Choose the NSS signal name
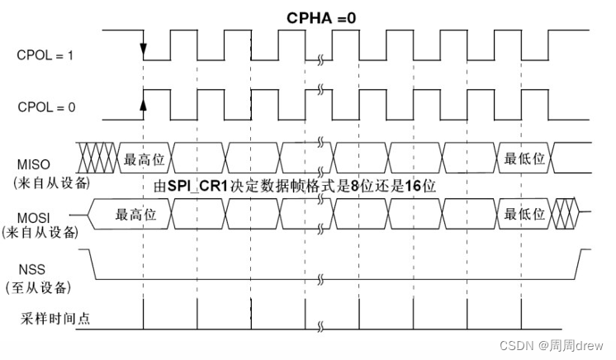pyautogui.click(x=31, y=270)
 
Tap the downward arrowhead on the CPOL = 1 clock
pyautogui.click(x=144, y=52)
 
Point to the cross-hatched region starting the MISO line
pyautogui.click(x=98, y=154)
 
